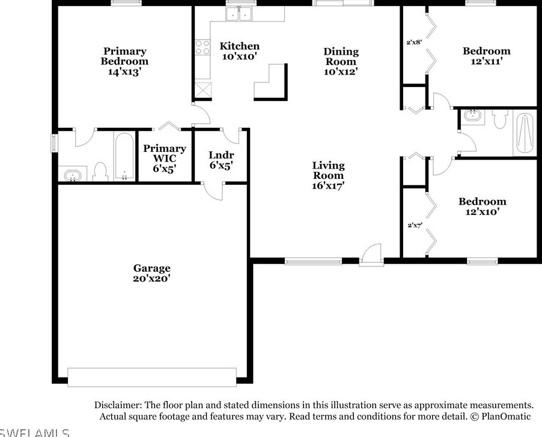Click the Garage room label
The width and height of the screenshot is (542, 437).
click(x=152, y=273)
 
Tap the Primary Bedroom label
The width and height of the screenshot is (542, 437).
click(x=124, y=61)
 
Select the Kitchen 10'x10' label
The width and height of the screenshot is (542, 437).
click(x=239, y=51)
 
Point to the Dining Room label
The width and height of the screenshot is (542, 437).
click(x=341, y=61)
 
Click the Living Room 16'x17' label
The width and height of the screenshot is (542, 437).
click(x=328, y=175)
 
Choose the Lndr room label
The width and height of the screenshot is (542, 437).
click(x=221, y=160)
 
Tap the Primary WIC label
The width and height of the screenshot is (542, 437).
click(x=164, y=158)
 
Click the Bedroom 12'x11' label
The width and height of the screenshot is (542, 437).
click(x=486, y=56)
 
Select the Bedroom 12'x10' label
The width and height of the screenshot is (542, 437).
click(x=482, y=206)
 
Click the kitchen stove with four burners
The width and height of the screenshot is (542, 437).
click(x=202, y=47)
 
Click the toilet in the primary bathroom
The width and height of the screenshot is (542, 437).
click(x=100, y=172)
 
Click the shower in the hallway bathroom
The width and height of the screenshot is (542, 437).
click(x=525, y=133)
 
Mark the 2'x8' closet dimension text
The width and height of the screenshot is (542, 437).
click(x=414, y=43)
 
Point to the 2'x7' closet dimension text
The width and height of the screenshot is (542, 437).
click(x=414, y=225)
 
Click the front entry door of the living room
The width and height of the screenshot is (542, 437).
click(x=371, y=254)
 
